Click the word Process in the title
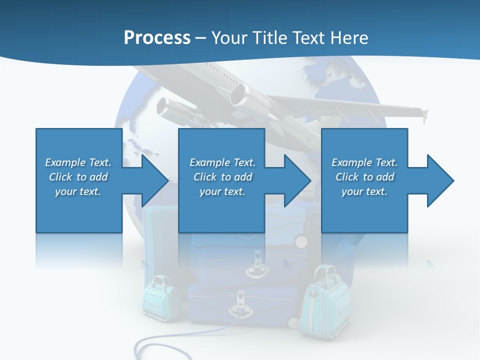click(157, 38)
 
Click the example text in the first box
click(78, 177)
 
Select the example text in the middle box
click(222, 177)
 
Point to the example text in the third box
click(364, 177)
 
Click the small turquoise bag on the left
click(161, 300)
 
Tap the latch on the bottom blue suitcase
click(240, 305)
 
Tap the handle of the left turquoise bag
click(160, 280)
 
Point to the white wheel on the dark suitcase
click(301, 241)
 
